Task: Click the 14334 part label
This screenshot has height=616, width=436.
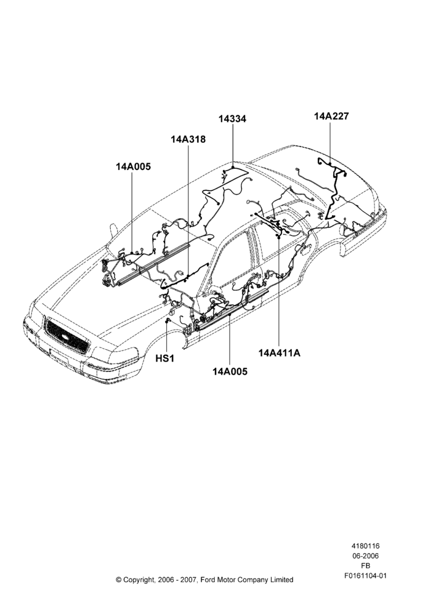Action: (233, 119)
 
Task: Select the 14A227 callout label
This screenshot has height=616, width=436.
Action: (331, 116)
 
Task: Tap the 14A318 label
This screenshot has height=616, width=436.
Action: (188, 139)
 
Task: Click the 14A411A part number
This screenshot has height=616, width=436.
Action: (280, 353)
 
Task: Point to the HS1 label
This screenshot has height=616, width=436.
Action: (164, 359)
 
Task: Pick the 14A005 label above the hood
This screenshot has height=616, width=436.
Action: (133, 166)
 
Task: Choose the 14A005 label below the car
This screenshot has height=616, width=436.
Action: (230, 371)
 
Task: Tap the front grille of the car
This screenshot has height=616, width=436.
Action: (67, 337)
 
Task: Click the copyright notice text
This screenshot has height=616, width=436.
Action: (204, 580)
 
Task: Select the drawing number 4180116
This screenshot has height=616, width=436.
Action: (365, 546)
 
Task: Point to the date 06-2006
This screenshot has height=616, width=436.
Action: (365, 556)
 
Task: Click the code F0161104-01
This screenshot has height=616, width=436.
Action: (365, 576)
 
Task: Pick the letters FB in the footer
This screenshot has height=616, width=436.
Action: (365, 566)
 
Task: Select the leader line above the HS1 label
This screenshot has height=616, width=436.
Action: (168, 337)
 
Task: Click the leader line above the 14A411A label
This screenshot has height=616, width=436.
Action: (279, 291)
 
